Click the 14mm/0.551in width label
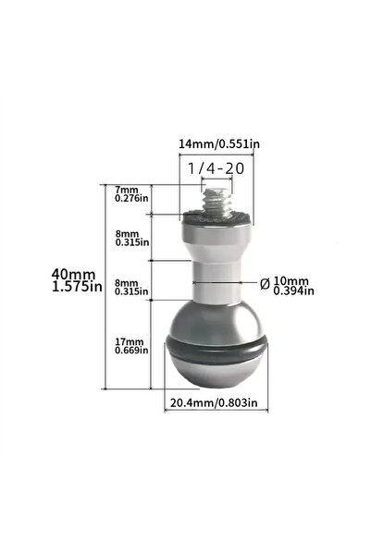click(x=219, y=144)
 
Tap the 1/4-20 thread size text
click(x=216, y=168)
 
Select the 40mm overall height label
click(x=73, y=274)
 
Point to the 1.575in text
click(x=77, y=287)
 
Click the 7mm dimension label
click(x=126, y=190)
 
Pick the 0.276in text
click(x=131, y=198)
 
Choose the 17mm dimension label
click(x=130, y=342)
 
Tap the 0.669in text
click(x=131, y=351)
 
